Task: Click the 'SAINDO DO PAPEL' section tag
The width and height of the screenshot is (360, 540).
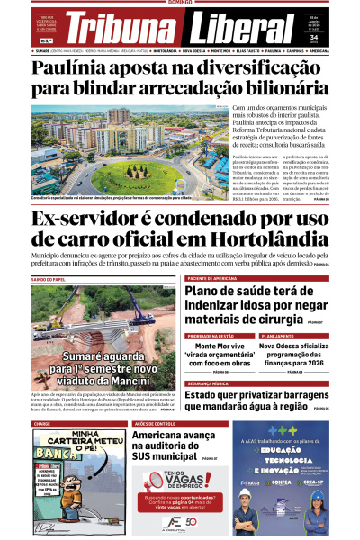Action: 49,279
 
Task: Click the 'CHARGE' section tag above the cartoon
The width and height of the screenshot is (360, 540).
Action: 42,423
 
